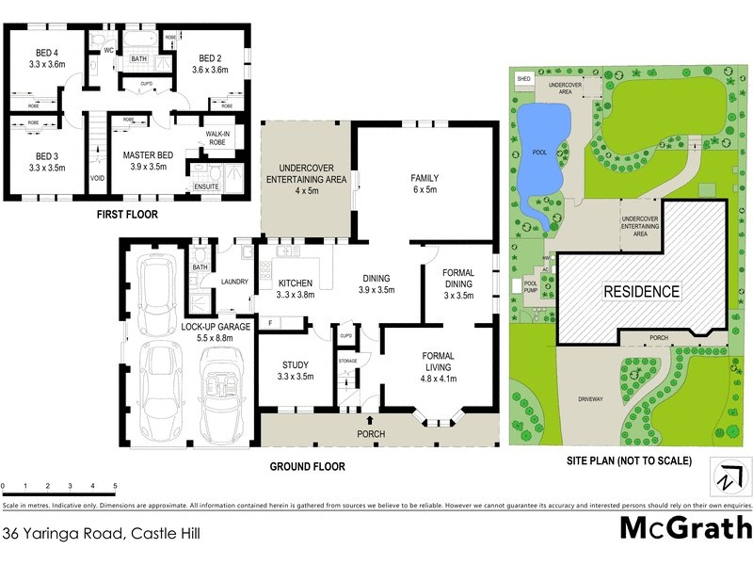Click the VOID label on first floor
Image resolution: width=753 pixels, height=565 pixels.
tap(97, 177)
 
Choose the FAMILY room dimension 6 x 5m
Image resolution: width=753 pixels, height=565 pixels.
tap(425, 189)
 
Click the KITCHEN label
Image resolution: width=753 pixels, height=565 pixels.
tap(296, 282)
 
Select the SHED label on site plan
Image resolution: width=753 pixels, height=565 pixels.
tap(524, 80)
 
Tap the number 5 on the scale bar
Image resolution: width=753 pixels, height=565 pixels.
tap(115, 486)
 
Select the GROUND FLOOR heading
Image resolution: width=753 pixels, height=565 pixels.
tap(307, 466)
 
